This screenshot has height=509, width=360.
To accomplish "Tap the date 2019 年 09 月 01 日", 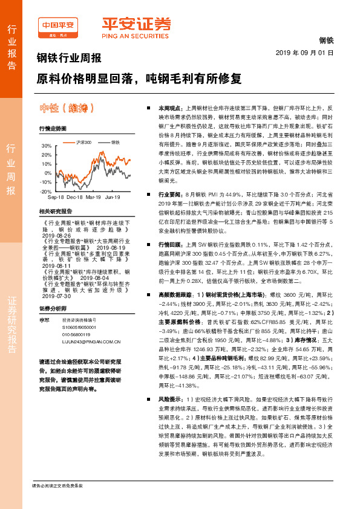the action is [309, 53].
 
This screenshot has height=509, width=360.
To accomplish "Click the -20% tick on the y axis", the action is [46, 190].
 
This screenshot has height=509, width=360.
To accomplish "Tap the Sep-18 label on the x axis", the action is [56, 197].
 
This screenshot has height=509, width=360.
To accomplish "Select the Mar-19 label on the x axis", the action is [93, 197].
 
